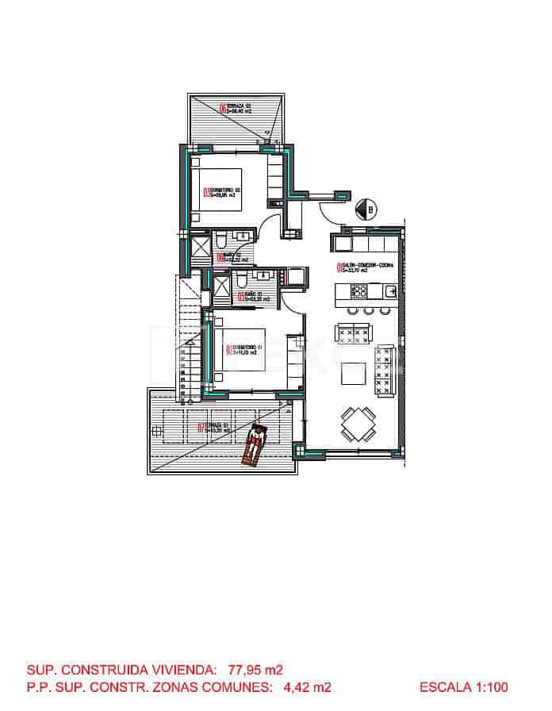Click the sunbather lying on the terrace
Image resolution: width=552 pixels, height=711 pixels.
click(256, 444)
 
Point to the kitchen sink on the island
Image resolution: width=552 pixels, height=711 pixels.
click(390, 291)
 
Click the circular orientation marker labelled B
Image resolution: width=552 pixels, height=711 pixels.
click(368, 209)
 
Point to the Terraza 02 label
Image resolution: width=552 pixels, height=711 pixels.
click(238, 109)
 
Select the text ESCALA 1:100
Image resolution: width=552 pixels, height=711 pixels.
click(464, 687)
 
